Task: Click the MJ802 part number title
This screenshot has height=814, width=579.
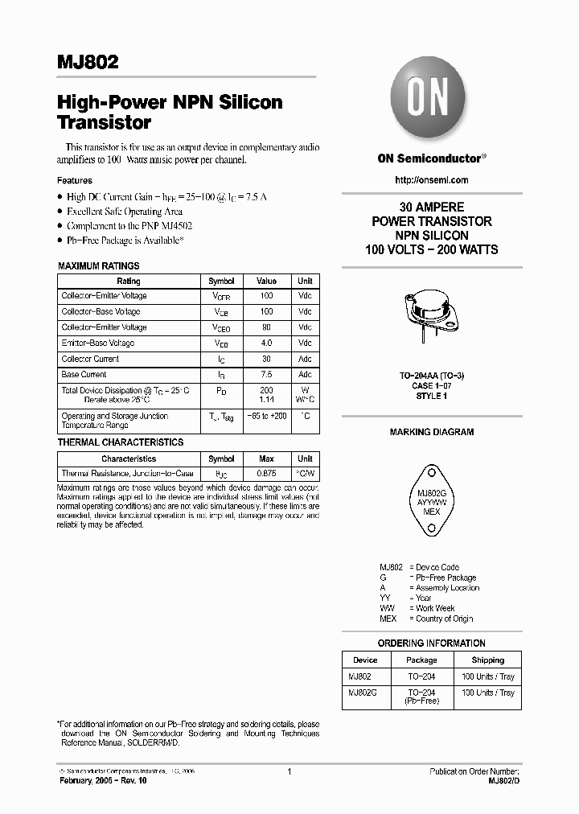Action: click(x=88, y=61)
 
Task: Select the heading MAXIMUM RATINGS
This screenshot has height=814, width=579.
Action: click(x=99, y=265)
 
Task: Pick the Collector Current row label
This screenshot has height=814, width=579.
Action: click(x=90, y=359)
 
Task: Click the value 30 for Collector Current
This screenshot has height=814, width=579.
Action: click(x=266, y=359)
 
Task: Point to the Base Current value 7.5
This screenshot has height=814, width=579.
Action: click(x=266, y=375)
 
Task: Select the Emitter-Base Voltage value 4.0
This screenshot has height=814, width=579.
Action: click(x=266, y=343)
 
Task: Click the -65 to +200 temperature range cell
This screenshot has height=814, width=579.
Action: click(x=266, y=417)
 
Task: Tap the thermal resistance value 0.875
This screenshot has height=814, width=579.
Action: click(x=266, y=475)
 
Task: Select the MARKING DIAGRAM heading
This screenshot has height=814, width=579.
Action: click(x=432, y=432)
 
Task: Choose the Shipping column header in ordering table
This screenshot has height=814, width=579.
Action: click(x=488, y=660)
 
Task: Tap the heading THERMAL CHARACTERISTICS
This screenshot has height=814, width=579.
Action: click(x=121, y=442)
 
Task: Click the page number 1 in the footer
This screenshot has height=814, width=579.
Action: click(x=289, y=771)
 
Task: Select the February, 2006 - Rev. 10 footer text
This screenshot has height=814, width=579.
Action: click(x=108, y=781)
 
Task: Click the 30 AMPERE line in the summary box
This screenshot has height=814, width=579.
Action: click(x=432, y=207)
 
